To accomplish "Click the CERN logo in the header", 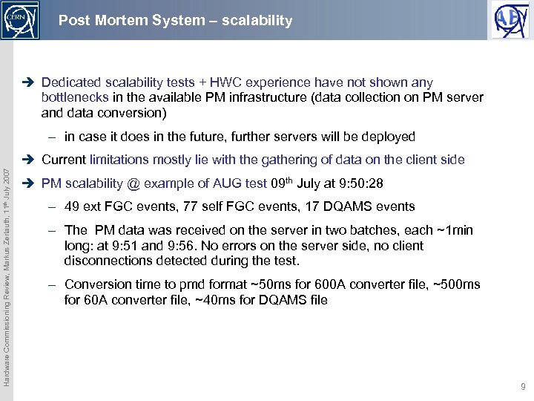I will pyautogui.click(x=19, y=20).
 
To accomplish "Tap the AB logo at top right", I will pyautogui.click(x=511, y=20).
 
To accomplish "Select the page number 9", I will pyautogui.click(x=524, y=387).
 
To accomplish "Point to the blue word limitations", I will pyautogui.click(x=121, y=159).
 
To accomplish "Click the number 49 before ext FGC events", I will pyautogui.click(x=72, y=206).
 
